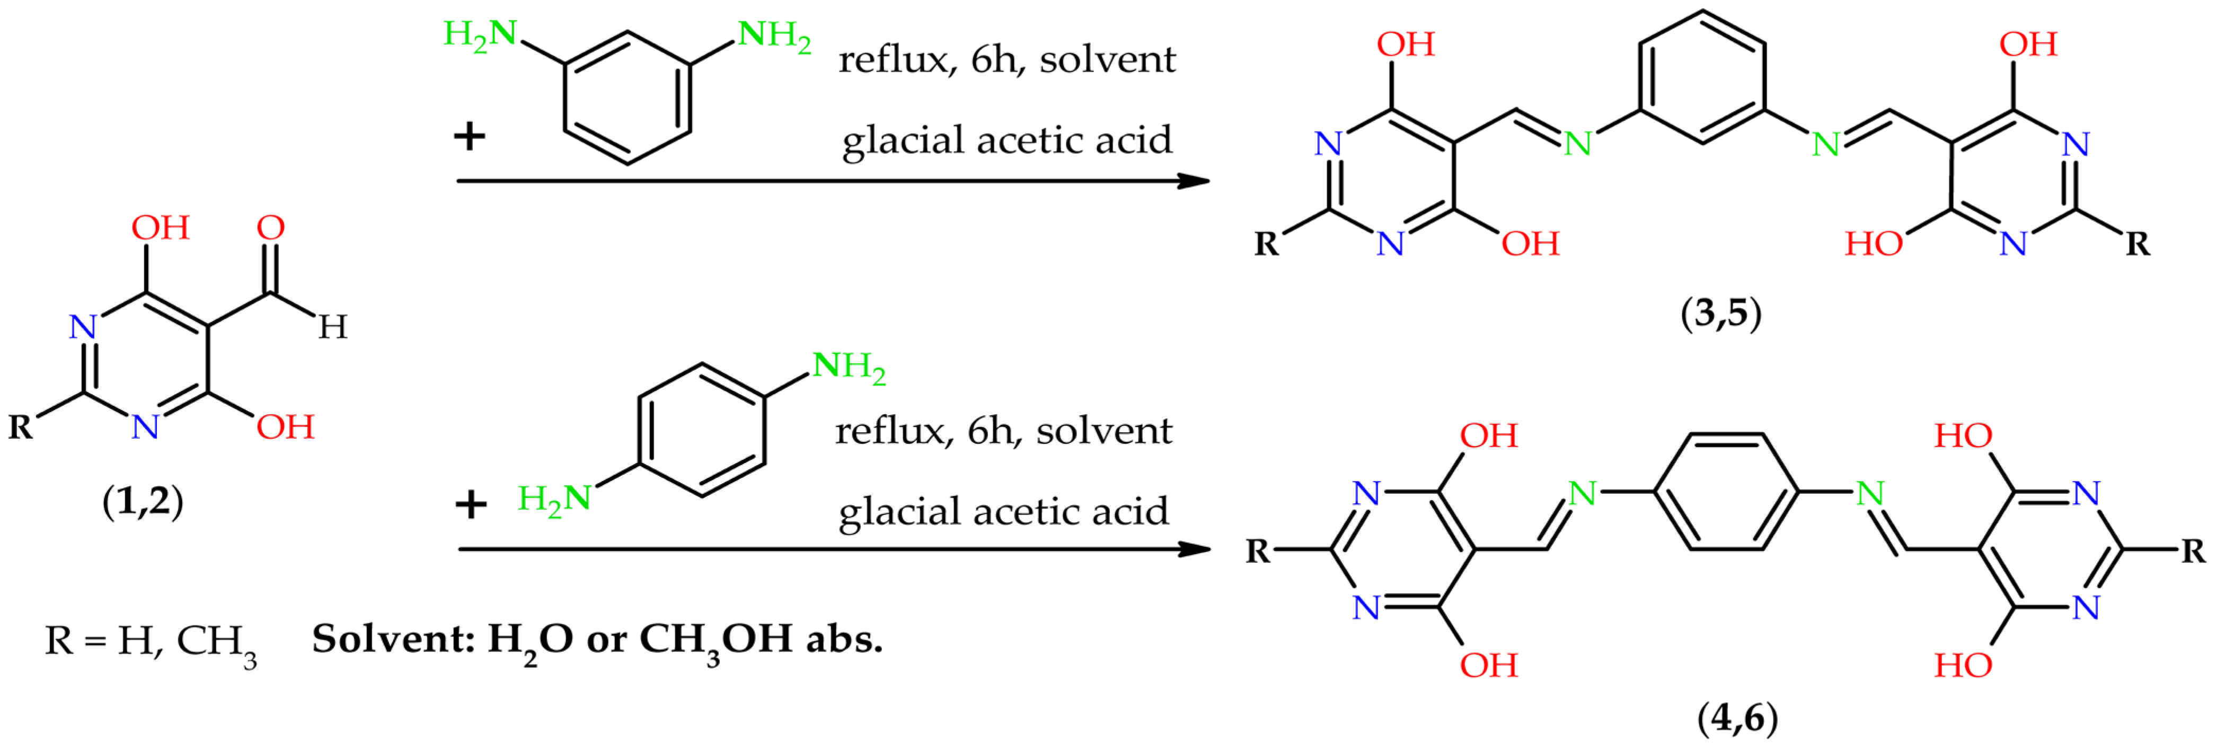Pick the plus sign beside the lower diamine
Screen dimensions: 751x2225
pos(471,504)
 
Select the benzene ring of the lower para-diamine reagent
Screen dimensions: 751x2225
pos(701,430)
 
